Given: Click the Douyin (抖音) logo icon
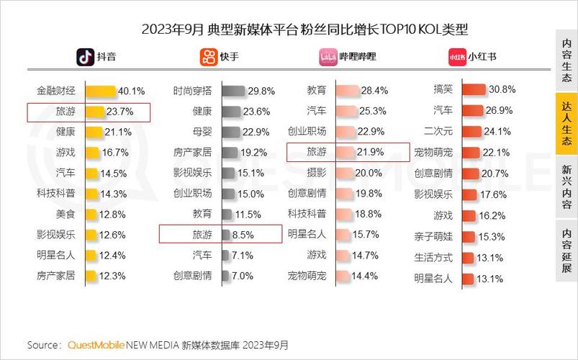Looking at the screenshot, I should (86, 56).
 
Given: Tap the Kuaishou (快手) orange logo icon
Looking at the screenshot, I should (208, 56).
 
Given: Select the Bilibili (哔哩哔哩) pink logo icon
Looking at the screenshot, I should (328, 56).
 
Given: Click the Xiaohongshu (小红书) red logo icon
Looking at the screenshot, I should (456, 56).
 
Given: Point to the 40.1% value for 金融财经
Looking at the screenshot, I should (131, 91).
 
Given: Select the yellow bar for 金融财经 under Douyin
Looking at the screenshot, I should (101, 91).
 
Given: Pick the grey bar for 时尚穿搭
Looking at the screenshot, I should (233, 91).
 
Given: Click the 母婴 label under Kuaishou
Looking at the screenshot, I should (202, 132).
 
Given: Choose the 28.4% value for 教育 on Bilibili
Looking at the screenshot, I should (374, 91).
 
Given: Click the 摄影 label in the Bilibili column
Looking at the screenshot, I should (316, 173).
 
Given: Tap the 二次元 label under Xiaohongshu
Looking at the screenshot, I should (438, 132).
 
